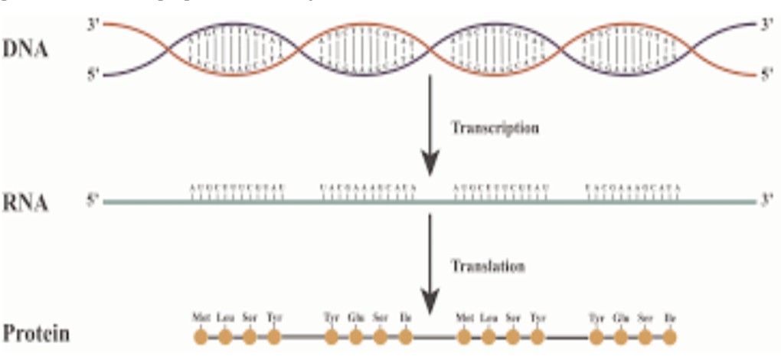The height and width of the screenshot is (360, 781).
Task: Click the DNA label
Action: click(26, 51)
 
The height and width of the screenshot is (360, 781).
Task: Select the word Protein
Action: click(37, 335)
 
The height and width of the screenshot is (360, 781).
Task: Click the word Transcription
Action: click(495, 128)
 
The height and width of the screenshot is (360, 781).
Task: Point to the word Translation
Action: click(489, 266)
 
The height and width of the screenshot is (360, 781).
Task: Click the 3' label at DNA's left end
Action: click(93, 25)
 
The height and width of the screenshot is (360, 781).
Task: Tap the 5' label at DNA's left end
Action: click(93, 76)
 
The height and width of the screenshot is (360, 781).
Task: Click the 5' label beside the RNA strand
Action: click(93, 203)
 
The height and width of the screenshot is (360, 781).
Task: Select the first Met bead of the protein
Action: click(201, 336)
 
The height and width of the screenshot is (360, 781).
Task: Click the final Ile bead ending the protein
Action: click(670, 336)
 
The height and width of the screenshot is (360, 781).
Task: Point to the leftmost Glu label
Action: click(355, 316)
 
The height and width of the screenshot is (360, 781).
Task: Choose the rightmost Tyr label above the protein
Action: click(596, 316)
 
